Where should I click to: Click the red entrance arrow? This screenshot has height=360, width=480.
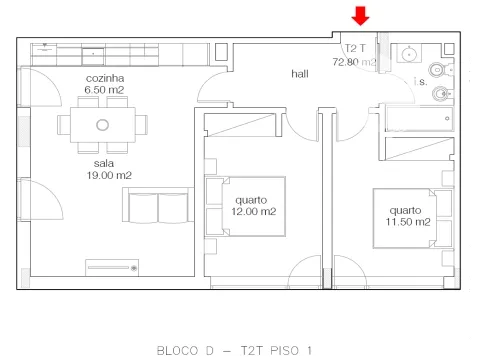[360, 16]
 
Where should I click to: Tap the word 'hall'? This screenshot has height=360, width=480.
[300, 74]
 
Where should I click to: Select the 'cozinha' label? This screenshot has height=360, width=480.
[105, 78]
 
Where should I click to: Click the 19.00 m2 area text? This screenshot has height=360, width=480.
[109, 175]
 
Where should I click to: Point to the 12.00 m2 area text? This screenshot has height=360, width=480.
[254, 211]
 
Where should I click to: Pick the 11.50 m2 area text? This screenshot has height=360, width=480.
[408, 222]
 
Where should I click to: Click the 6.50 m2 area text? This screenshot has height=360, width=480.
[104, 90]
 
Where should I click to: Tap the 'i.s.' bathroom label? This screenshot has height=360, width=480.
[420, 81]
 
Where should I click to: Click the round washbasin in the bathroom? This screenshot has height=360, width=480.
[409, 53]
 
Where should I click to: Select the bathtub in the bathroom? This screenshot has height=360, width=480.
[419, 118]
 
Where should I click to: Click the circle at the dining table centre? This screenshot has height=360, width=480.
[103, 125]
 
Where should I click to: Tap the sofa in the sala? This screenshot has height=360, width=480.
[158, 205]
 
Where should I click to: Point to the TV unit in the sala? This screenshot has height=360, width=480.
[112, 268]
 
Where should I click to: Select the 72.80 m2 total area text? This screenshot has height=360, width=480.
[354, 62]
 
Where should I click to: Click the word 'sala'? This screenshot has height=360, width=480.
[104, 163]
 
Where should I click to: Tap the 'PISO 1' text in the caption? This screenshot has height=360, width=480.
[291, 351]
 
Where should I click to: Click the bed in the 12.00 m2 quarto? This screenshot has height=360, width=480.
[246, 207]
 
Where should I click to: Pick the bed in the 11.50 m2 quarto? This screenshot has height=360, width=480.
[413, 218]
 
